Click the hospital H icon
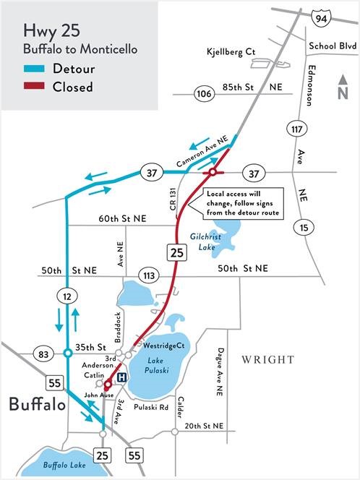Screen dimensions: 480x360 tap(121, 377)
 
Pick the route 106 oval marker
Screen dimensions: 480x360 tap(202, 94)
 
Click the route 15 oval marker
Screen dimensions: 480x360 tap(304, 228)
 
